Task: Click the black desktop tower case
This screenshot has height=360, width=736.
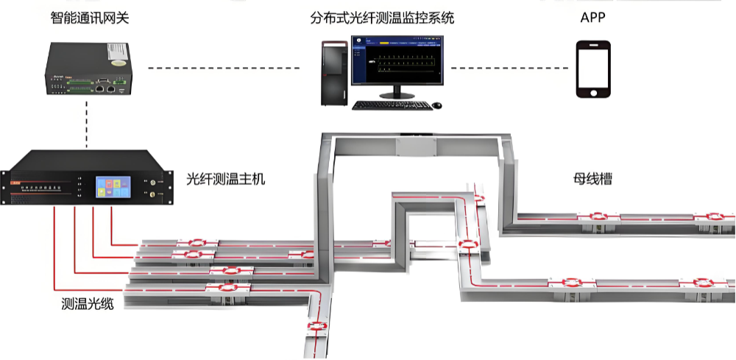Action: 336,73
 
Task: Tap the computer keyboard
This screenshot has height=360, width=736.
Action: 389,105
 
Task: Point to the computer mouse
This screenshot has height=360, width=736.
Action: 437,105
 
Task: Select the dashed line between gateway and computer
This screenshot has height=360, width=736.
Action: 224,68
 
